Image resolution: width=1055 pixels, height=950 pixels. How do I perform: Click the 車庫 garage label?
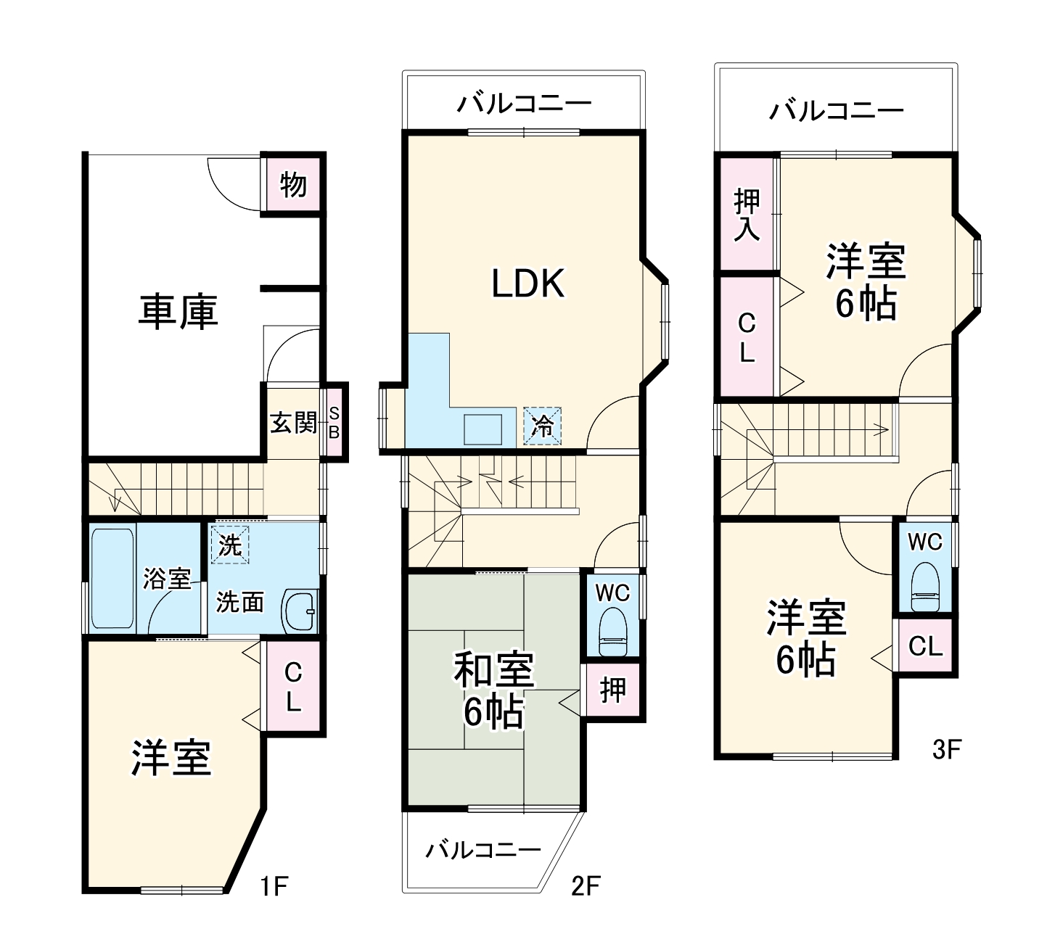[178, 312]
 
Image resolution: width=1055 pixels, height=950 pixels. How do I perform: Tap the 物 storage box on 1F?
[293, 184]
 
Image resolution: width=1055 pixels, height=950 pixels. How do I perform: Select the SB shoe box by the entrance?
[334, 422]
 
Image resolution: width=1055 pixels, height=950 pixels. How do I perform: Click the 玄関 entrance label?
[293, 422]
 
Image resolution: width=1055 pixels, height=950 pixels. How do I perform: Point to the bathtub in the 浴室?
[112, 579]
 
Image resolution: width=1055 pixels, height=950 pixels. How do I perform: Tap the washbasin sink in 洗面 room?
[300, 611]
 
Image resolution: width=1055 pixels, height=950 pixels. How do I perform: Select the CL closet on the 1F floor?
[293, 686]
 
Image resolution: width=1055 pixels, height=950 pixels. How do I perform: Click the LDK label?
[527, 284]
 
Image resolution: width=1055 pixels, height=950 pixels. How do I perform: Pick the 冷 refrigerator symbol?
[542, 425]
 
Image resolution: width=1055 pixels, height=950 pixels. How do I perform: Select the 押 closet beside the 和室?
[612, 690]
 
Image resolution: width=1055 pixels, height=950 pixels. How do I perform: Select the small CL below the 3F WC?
[925, 645]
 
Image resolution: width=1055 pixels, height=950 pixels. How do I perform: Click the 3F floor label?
[946, 749]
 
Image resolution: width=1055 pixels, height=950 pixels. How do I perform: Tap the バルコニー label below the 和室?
[483, 849]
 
